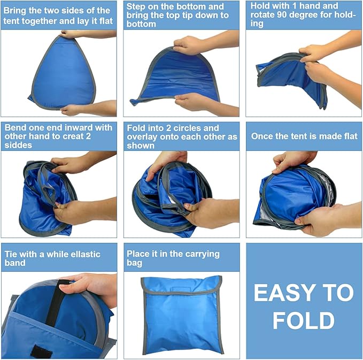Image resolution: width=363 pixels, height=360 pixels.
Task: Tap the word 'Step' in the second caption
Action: pyautogui.click(x=137, y=7)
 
